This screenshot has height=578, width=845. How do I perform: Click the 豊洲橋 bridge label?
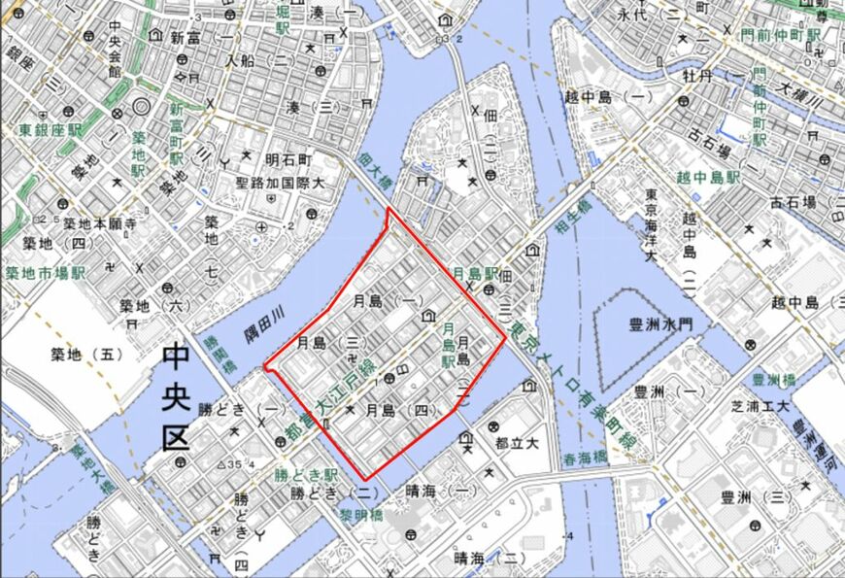pos(774,379)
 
